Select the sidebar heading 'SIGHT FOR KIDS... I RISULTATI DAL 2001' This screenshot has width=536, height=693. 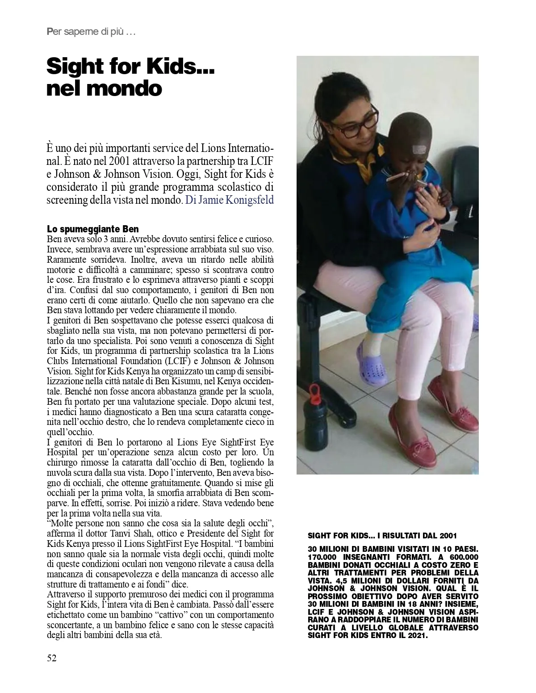tap(383, 535)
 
